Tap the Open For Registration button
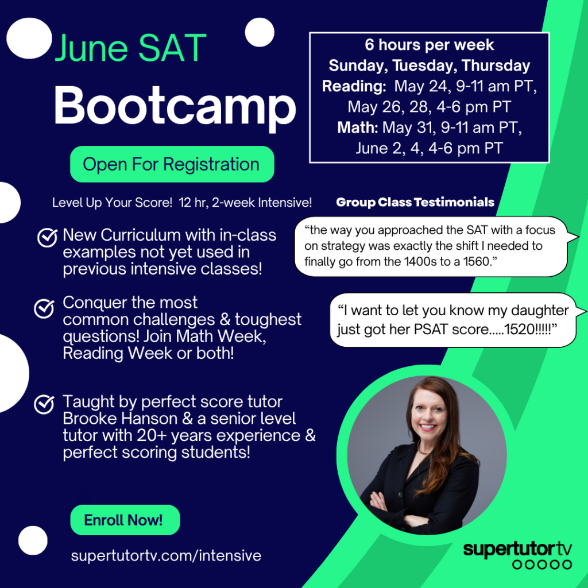(x=171, y=164)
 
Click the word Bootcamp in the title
(x=175, y=107)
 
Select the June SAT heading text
(x=130, y=49)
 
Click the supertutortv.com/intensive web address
(x=166, y=556)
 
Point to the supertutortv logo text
(x=517, y=549)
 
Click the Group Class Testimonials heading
(x=415, y=202)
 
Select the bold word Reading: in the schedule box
(x=354, y=86)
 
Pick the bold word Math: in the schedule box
(x=358, y=127)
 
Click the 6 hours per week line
(x=429, y=45)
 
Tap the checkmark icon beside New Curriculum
(x=47, y=238)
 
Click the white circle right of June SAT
(x=260, y=32)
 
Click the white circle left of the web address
(x=33, y=540)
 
